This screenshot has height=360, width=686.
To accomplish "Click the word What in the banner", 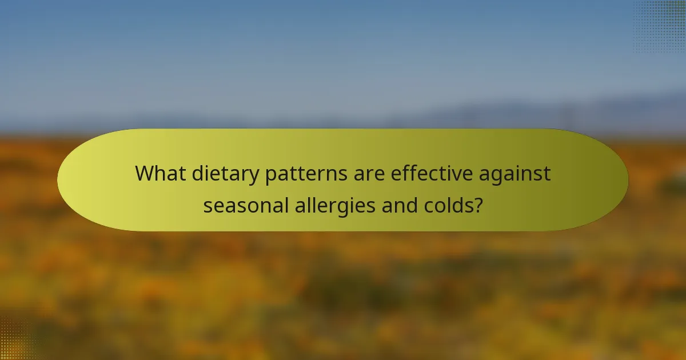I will pyautogui.click(x=159, y=173).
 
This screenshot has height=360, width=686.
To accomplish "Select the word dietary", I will pyautogui.click(x=224, y=174).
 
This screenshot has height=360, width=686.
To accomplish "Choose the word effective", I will pyautogui.click(x=432, y=173).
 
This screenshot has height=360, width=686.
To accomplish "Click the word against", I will pyautogui.click(x=516, y=174).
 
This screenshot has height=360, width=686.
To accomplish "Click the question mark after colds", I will pyautogui.click(x=477, y=204).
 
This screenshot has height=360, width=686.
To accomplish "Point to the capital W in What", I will pyautogui.click(x=145, y=173).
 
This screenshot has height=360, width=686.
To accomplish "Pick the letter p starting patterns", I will pyautogui.click(x=271, y=176).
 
